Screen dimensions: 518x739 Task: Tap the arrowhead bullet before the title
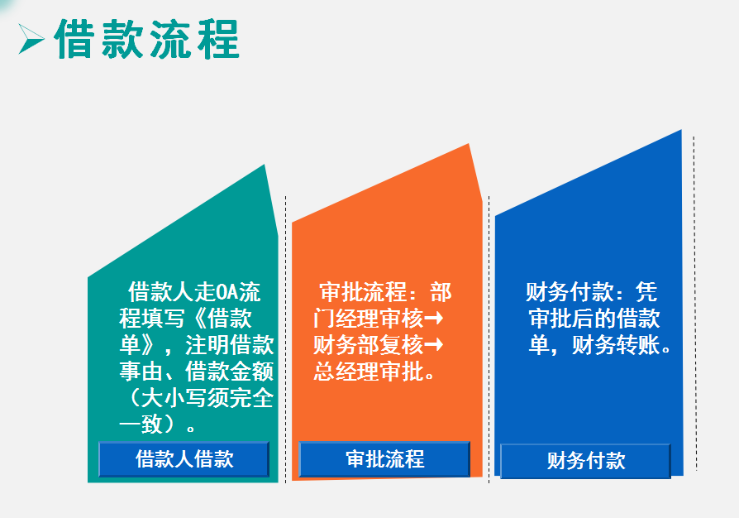tap(31, 38)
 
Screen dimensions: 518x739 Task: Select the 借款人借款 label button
tap(184, 459)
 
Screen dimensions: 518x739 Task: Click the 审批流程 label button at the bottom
tap(384, 459)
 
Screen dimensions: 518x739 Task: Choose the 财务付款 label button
tap(585, 461)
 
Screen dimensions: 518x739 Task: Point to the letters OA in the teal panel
tap(225, 292)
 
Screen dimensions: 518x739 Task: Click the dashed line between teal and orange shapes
tap(286, 331)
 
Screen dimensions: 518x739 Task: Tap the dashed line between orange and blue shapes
tap(489, 331)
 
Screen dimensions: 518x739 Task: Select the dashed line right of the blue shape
tap(694, 298)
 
